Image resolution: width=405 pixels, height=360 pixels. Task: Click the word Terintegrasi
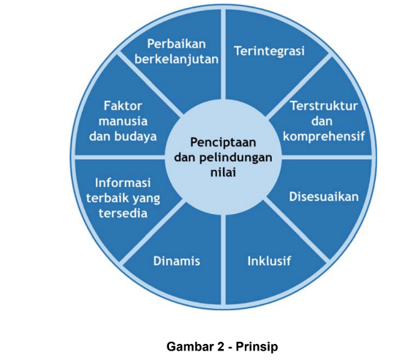[270, 52]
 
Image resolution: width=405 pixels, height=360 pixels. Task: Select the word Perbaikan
[176, 44]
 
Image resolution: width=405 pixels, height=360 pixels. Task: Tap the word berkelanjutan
[177, 60]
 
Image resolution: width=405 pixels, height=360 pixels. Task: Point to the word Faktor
[123, 106]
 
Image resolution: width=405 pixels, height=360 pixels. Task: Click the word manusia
[123, 121]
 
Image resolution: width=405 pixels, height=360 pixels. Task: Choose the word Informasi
[123, 183]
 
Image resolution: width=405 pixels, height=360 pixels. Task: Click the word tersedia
[123, 213]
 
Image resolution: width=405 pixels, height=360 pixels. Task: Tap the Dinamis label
[177, 261]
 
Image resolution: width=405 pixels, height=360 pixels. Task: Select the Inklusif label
[269, 261]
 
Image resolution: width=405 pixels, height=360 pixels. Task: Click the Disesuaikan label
[324, 196]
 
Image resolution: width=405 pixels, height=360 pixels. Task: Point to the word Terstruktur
[324, 106]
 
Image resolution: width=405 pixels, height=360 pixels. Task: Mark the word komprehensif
[324, 137]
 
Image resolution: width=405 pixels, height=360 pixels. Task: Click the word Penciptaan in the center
[223, 142]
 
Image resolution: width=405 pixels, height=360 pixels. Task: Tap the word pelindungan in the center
[235, 158]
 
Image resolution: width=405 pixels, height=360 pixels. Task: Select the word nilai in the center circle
[223, 172]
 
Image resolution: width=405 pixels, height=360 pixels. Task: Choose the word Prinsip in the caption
[257, 347]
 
